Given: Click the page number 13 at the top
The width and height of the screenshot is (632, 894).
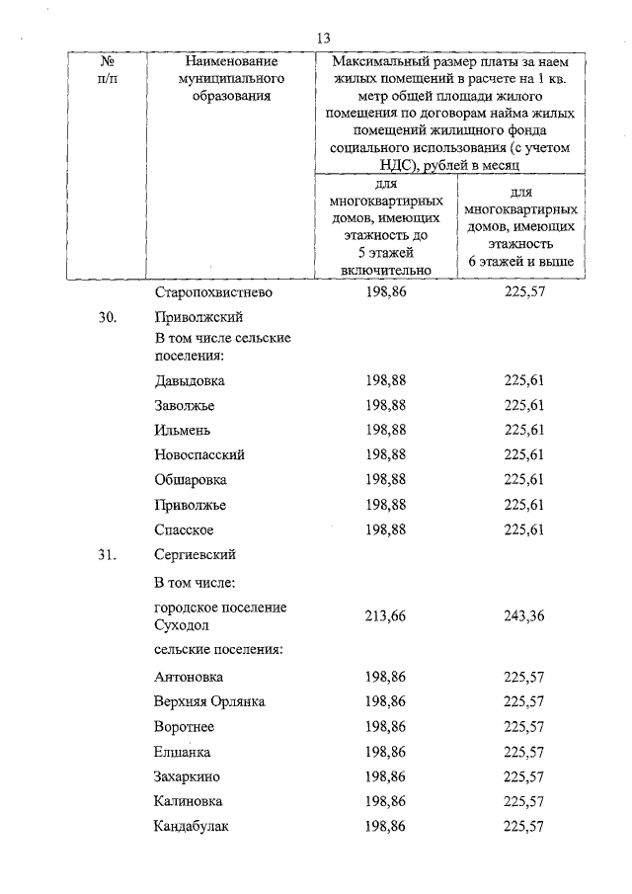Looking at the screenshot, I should [323, 38].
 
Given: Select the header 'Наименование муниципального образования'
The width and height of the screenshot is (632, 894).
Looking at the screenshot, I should [217, 79].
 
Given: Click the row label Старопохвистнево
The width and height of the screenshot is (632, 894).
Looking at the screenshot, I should [213, 293].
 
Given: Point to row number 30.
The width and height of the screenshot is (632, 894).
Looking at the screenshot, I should [108, 317].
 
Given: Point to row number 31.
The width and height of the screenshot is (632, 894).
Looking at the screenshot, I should [108, 554].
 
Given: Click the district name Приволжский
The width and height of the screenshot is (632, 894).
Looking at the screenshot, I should [198, 317].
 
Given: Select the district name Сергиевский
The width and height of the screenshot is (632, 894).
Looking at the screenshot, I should [196, 554].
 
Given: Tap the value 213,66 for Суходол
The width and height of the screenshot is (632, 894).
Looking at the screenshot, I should [385, 616].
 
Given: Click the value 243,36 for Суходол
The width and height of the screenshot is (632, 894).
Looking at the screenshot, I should [523, 616].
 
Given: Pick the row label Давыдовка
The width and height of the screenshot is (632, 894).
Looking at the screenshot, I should [190, 380].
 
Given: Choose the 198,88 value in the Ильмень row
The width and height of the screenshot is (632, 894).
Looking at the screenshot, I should [385, 430].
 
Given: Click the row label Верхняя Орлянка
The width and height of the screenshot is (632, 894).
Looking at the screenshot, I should [209, 701].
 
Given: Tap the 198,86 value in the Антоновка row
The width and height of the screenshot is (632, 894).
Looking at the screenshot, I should [385, 677].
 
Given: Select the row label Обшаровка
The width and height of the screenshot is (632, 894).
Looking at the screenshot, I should [191, 479].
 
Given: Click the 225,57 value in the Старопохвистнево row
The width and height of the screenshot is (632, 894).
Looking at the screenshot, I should [523, 293].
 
